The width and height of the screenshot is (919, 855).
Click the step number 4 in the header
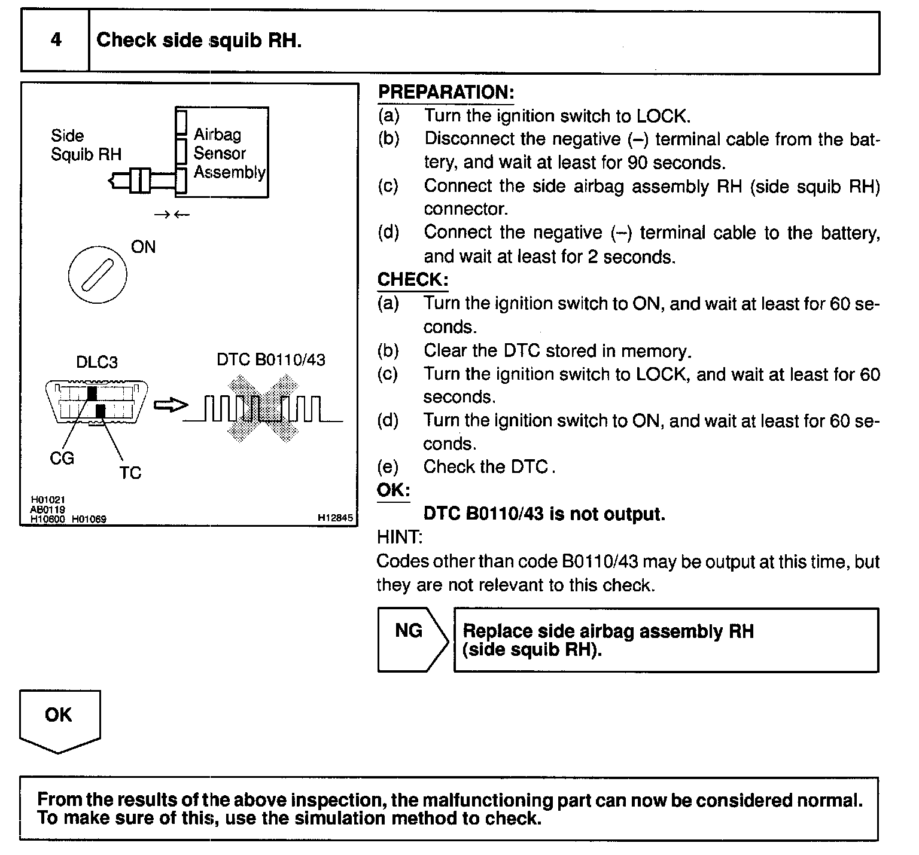56,40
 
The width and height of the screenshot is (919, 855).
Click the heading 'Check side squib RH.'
199,40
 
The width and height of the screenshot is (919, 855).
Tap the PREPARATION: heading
446,92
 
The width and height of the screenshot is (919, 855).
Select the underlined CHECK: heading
412,279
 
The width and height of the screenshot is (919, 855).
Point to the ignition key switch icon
98,276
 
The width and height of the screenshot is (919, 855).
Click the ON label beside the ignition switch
143,247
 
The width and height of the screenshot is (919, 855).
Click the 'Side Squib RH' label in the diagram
86,145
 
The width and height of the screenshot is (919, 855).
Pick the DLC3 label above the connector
97,362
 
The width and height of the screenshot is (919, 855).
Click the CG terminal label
62,459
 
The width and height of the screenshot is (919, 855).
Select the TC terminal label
130,473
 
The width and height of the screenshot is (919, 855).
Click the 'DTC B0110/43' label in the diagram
271,359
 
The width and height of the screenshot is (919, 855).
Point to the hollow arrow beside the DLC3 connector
167,406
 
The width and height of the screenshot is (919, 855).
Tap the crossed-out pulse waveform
264,409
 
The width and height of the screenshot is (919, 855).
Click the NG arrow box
411,640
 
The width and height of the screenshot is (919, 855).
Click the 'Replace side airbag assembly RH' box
665,640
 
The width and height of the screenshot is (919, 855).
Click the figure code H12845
335,518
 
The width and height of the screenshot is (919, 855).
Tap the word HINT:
399,538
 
